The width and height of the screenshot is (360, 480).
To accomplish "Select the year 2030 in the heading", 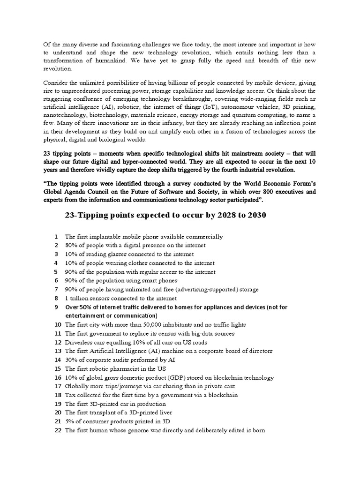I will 254,215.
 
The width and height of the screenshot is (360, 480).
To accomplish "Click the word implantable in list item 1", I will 105,237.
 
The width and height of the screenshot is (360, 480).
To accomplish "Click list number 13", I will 58,351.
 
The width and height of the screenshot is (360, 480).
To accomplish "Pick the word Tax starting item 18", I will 70,395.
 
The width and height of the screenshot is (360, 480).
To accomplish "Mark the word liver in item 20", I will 165,412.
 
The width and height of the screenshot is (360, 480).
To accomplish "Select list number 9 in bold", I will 56,307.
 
